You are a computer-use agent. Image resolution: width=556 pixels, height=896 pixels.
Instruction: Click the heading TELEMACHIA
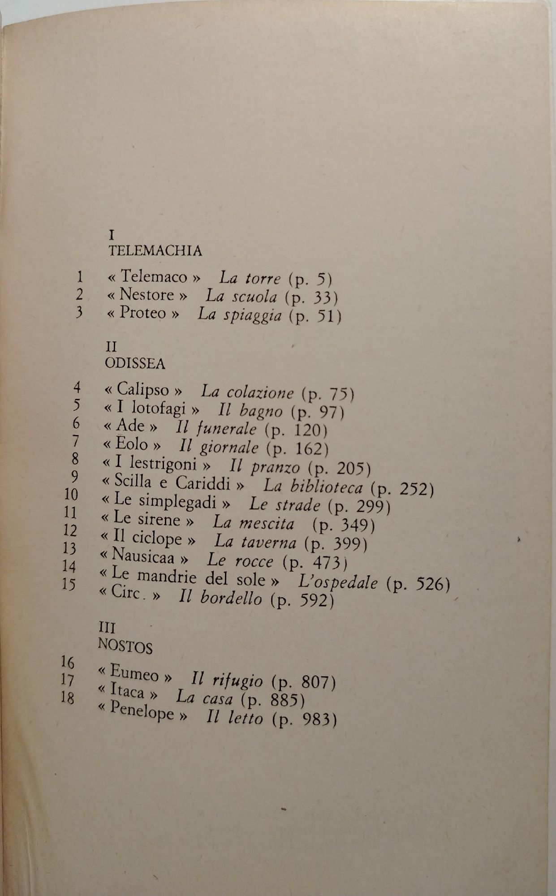[x=155, y=251]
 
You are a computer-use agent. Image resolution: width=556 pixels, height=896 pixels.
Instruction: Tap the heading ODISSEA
[x=135, y=363]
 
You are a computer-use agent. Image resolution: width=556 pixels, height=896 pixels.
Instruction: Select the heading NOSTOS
[x=125, y=646]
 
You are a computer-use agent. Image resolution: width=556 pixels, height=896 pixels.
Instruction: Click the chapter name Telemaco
[x=154, y=276]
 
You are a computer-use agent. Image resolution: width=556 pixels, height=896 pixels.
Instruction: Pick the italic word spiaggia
[x=253, y=315]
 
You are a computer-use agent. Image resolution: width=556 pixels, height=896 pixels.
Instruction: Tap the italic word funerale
[x=228, y=428]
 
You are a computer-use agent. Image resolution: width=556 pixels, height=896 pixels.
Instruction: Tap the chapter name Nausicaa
[x=143, y=557]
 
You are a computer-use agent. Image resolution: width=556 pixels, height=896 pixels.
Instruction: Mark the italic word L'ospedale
[x=338, y=582]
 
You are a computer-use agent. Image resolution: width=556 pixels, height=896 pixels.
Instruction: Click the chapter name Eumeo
[x=134, y=673]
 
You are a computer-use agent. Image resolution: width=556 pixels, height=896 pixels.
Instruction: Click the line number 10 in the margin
[x=71, y=495]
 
